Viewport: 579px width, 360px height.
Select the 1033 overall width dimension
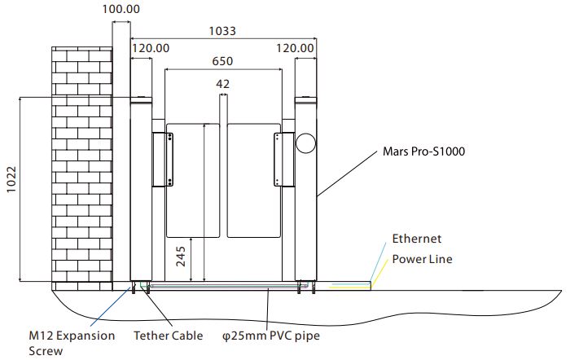point(222,31)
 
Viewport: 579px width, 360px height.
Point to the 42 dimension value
point(222,83)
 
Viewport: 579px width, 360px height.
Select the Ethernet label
point(416,239)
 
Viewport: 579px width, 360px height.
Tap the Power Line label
point(422,259)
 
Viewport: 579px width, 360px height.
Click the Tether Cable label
point(168,335)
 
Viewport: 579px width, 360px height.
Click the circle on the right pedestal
point(305,143)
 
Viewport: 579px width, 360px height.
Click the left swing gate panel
point(193,179)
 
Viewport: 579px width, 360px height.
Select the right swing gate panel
point(252,179)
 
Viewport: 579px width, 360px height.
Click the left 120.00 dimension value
point(150,49)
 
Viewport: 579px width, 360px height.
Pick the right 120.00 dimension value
point(295,49)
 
